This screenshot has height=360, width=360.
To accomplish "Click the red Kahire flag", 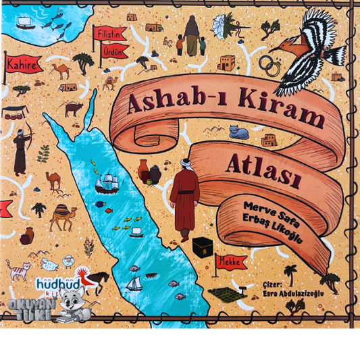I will tap(21, 66).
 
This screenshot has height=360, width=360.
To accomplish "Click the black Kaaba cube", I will tap(200, 247).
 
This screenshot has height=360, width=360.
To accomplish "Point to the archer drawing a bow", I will tap(20, 149).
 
